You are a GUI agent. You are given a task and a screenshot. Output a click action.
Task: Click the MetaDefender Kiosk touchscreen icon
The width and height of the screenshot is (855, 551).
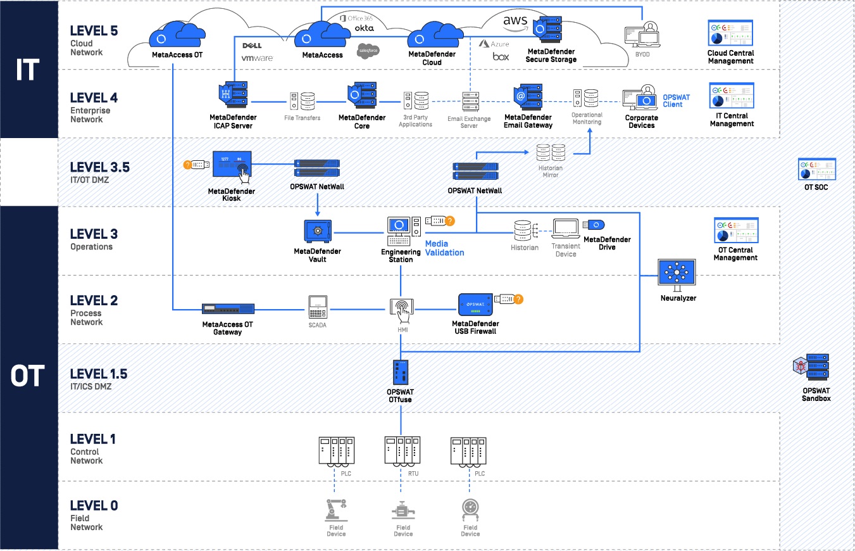coord(232,166)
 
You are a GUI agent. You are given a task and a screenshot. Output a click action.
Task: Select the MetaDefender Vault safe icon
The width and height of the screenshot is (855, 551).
coord(318,231)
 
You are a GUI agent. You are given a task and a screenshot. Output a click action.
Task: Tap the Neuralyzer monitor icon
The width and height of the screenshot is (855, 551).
coord(677,275)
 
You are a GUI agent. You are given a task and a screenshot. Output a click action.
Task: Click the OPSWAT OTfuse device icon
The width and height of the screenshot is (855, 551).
coord(401,372)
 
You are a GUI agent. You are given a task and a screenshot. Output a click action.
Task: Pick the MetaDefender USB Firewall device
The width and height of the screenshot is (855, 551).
coord(475,305)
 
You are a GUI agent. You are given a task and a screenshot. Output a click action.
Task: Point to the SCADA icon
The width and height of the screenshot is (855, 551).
coord(318,307)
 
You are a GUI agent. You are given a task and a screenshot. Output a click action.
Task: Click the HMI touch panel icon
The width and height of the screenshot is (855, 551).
coord(402,310)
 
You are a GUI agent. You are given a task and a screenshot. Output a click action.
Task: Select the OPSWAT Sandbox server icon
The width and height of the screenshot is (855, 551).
coord(811,367)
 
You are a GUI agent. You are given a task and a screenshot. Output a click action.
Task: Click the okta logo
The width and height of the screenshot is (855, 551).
coord(364,28)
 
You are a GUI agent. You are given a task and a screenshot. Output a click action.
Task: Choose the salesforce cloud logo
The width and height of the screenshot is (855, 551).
coord(368,51)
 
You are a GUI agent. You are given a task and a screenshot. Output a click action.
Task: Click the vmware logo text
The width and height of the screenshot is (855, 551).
coord(258,58)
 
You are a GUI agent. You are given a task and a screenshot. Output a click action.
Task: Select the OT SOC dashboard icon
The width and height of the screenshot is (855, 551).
coord(817,169)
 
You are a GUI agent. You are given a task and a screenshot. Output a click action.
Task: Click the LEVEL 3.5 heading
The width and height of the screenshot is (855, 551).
coord(100,167)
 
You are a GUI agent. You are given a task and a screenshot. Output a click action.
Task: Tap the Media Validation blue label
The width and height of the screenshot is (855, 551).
coord(445,248)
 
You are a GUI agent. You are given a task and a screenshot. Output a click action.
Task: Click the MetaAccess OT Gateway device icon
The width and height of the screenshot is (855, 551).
coord(228,308)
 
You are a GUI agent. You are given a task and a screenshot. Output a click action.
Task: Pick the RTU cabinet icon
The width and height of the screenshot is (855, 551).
coord(403,452)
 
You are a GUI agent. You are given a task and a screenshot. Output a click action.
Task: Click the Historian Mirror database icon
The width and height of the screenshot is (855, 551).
coord(551,153)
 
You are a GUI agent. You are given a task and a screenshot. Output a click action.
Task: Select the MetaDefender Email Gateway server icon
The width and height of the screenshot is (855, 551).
coord(528,97)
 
